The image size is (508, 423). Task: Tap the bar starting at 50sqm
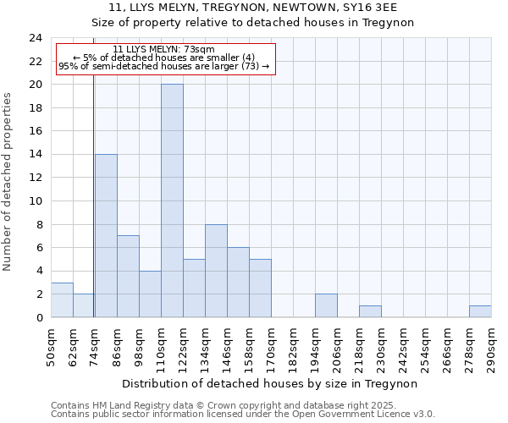[x=62, y=299]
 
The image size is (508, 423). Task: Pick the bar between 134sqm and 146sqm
[x=216, y=271]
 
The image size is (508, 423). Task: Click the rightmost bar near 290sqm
[x=480, y=311]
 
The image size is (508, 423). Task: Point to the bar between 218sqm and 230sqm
[x=370, y=311]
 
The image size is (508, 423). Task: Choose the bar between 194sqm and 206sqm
[x=326, y=305]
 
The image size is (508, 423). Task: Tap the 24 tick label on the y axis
[x=35, y=38]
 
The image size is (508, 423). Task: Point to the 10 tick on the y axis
[x=35, y=201]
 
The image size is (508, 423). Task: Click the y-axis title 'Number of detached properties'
[x=8, y=183]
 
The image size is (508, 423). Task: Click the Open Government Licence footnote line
[x=243, y=414]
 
